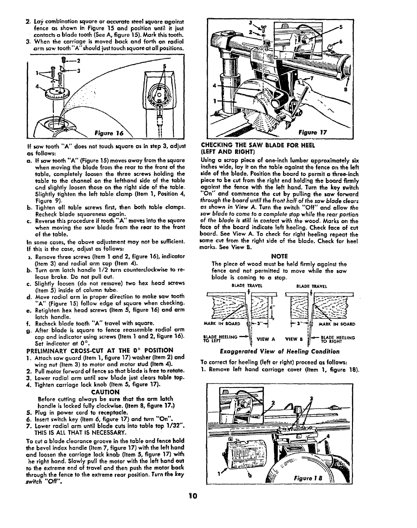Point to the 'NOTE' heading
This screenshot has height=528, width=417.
point(279,256)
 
